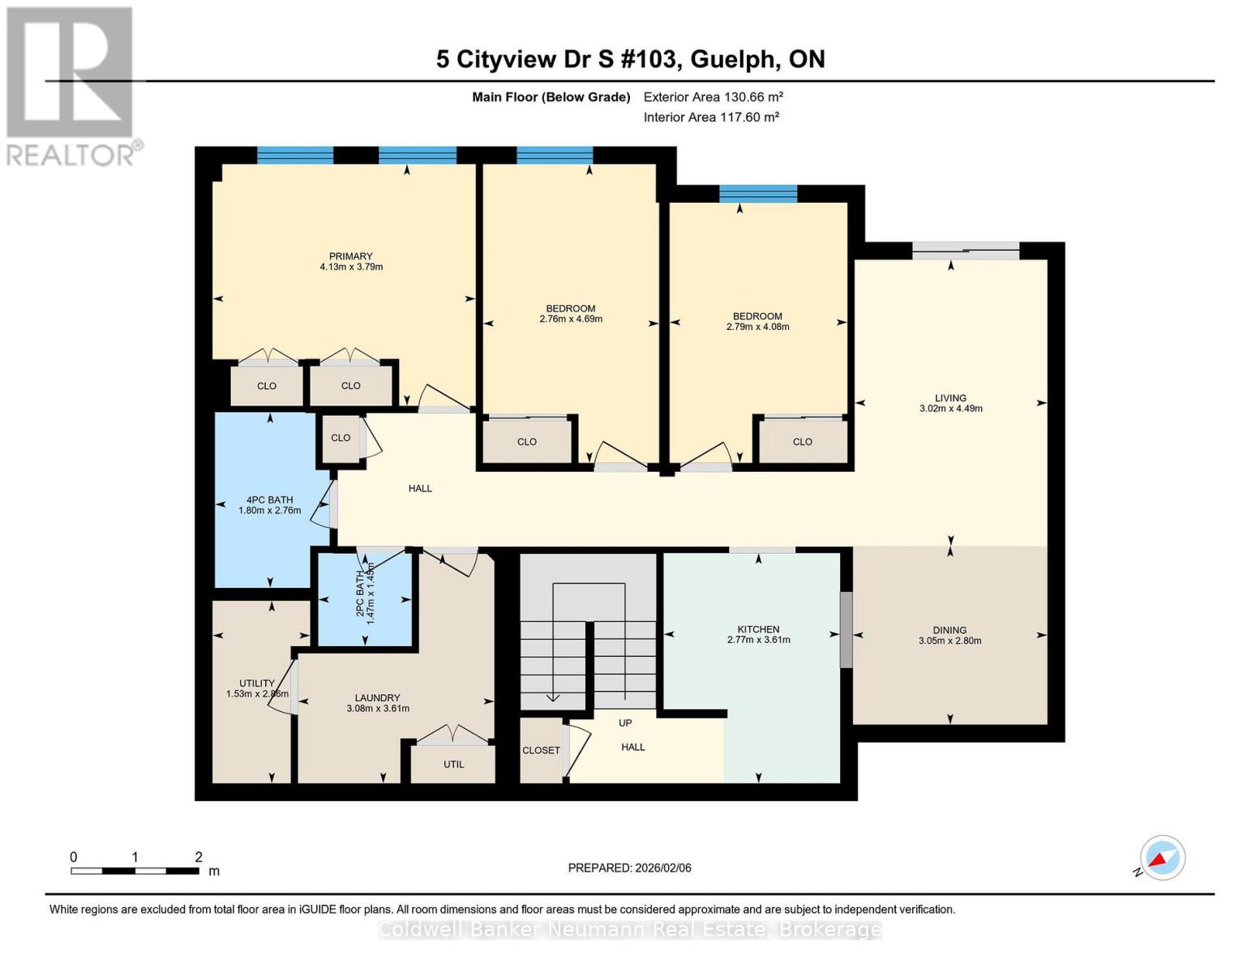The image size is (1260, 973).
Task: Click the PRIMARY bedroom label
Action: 350,256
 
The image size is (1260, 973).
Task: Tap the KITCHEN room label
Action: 758,629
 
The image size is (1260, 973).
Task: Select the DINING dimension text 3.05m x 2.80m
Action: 949,641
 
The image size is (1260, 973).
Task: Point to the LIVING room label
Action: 950,398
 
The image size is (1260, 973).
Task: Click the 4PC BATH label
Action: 269,500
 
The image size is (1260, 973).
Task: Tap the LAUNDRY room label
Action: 377,697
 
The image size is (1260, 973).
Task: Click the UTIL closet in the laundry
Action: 453,764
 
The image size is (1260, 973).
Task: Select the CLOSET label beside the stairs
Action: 541,750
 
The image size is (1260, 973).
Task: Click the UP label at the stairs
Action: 625,722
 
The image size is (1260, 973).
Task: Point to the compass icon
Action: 1162,858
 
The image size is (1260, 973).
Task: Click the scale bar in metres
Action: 135,871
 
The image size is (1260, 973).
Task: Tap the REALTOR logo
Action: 71,85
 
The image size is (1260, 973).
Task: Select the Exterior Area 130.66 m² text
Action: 713,96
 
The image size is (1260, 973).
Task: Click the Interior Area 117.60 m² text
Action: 711,117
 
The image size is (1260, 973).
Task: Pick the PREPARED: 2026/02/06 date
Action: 629,868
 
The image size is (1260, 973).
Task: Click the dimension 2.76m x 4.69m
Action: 571,319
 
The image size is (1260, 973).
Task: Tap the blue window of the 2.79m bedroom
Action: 758,194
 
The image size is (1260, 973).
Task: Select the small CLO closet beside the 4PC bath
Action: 341,438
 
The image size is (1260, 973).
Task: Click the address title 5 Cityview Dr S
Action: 630,59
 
